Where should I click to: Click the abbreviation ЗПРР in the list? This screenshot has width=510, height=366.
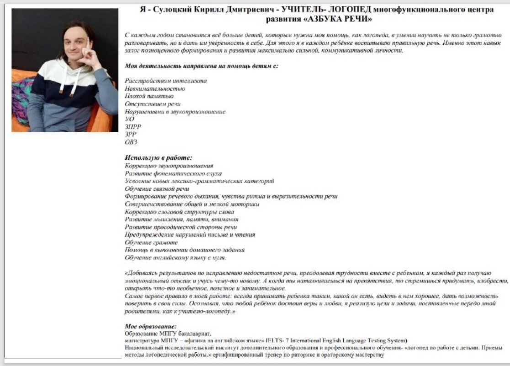133,127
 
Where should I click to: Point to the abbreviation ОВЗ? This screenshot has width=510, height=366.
131,142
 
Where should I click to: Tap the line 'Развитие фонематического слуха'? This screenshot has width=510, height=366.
173,173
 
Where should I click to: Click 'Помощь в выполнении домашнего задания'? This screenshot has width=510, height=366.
185,250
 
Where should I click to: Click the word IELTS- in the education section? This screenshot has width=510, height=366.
271,340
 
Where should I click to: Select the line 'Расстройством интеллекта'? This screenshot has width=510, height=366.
166,81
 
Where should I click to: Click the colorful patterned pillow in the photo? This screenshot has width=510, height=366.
23,101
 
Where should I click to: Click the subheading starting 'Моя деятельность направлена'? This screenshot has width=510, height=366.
202,65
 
